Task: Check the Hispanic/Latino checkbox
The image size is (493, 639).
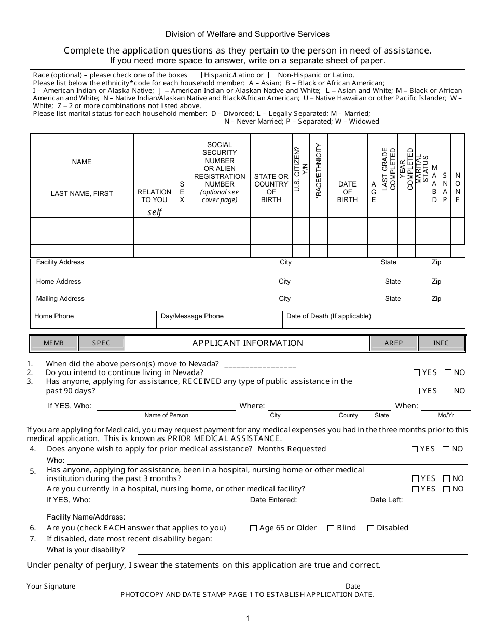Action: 198,75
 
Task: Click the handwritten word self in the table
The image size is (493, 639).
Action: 155,212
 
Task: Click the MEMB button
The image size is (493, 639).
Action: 54,343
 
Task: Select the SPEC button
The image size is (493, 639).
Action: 102,343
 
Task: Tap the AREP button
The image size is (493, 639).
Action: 393,343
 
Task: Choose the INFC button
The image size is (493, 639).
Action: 441,343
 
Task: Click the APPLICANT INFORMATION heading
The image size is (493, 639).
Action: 248,343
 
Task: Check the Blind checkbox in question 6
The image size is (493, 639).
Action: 331,528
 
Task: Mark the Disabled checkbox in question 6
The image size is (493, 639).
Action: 371,528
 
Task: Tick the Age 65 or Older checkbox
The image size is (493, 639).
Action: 253,528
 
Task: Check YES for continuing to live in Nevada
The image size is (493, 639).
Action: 417,372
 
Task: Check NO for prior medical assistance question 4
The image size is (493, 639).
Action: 446,449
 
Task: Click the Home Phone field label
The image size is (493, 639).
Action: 54,316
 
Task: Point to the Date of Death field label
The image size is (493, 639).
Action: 328,316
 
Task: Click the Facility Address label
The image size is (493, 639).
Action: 60,262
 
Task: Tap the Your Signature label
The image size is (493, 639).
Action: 51,587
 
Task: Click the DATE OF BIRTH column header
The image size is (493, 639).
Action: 347,192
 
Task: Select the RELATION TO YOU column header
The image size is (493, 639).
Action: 154,196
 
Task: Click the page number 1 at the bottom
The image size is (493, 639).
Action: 248,618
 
